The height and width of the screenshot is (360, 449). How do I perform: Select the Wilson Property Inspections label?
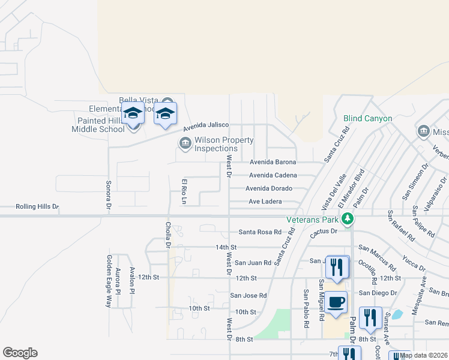point(216,144)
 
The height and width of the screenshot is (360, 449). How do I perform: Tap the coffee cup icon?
point(337,302)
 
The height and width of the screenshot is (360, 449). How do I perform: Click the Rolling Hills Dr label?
point(29,207)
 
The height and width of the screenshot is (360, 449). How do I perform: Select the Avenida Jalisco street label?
point(206,125)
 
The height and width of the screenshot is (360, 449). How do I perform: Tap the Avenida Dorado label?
point(268,188)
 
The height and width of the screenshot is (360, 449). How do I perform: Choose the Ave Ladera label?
point(265,202)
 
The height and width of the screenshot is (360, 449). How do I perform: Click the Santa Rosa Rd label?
point(260,232)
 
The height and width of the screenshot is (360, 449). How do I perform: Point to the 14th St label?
point(226,247)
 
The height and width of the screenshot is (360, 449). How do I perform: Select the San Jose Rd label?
point(249,295)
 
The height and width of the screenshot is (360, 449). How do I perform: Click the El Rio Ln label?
point(185,191)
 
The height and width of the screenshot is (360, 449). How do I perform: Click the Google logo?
point(20,353)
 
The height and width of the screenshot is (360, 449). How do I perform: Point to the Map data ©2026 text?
point(424,355)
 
